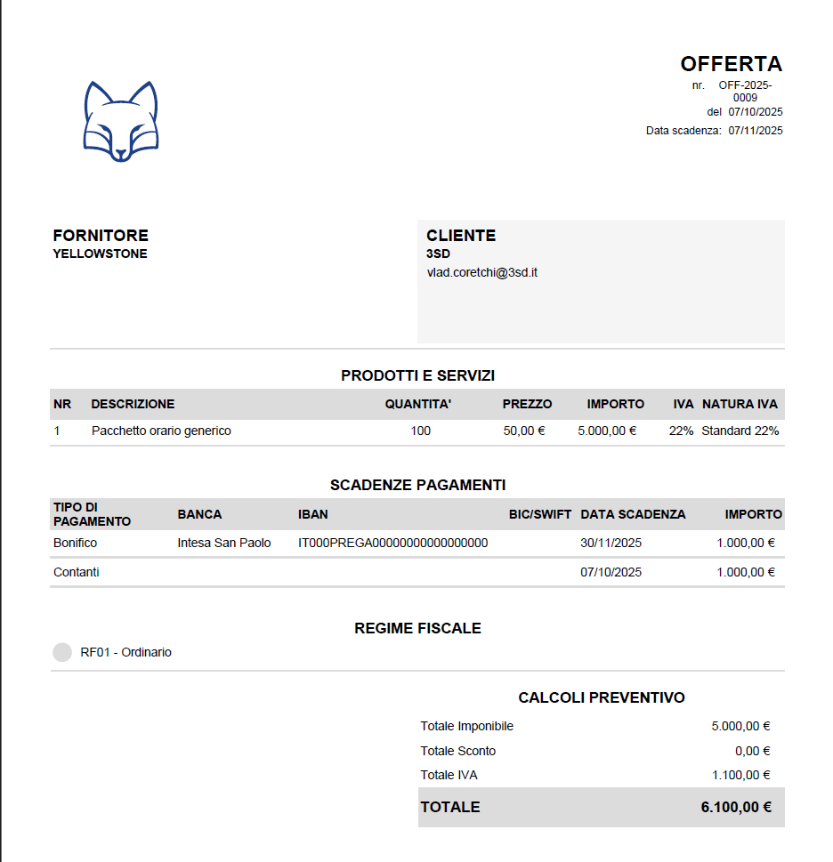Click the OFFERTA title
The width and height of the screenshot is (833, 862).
point(731,64)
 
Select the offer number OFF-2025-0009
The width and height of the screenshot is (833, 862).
point(745,92)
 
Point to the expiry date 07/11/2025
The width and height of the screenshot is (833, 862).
point(755,131)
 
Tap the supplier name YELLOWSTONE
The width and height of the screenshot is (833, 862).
point(100,254)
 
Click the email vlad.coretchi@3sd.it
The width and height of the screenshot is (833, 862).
point(481,273)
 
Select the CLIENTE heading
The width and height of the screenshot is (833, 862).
point(461,236)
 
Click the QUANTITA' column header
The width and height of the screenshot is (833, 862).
point(418,404)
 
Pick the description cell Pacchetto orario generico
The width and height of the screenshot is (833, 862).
point(161,431)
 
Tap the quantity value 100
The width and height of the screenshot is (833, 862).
point(421,431)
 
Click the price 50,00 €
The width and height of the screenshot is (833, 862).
point(523,431)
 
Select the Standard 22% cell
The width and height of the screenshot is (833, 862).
point(740,431)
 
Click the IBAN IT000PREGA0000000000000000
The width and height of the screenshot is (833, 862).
point(392,543)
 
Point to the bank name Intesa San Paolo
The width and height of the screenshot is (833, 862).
point(224,543)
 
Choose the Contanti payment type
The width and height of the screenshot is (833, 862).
point(77,572)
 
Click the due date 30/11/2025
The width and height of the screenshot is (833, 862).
point(611,543)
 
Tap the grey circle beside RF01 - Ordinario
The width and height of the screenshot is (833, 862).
point(62,652)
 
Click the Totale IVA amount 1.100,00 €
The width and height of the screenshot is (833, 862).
point(740,775)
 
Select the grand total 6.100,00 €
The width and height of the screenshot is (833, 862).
point(735,807)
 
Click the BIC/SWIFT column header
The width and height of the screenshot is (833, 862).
point(540,514)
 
